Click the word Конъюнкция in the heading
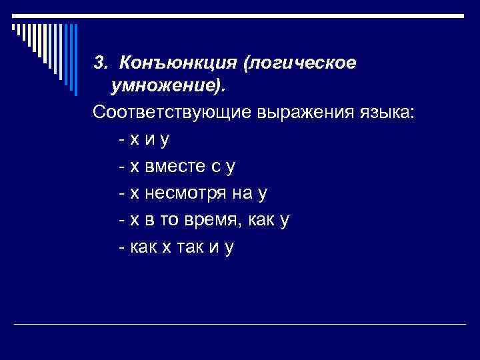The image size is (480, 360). pos(178,63)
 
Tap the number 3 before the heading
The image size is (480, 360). pos(99,63)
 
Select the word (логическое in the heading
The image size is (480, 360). pos(299,63)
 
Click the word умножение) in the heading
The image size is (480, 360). pos(167,87)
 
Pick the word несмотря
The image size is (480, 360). pos(192,193)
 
